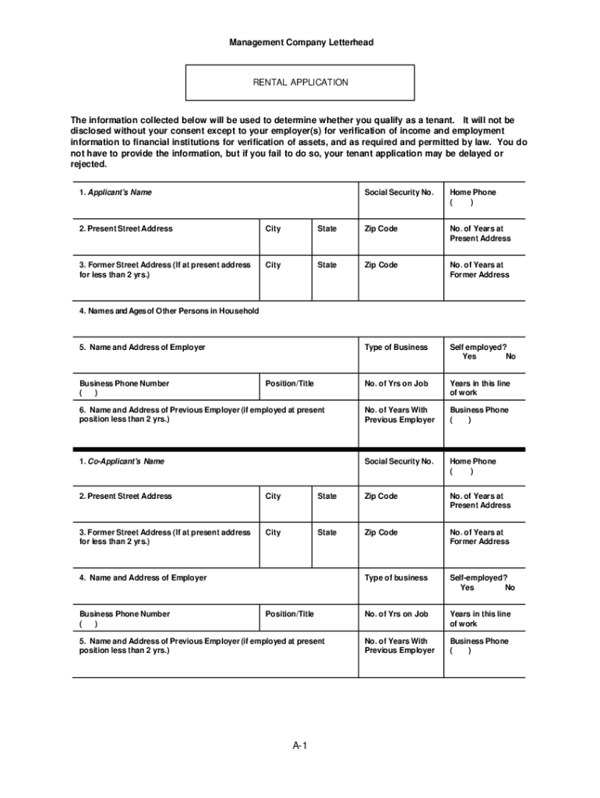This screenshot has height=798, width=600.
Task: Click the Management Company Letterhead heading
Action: pos(301,42)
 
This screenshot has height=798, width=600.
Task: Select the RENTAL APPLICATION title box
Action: pos(300,83)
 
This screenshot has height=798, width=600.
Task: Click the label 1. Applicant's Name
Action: pos(115,192)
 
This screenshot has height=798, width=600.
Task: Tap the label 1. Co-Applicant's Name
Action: pos(122,461)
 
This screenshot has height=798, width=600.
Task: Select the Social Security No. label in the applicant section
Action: pos(398,192)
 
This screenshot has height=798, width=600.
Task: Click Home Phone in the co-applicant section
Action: pos(472,461)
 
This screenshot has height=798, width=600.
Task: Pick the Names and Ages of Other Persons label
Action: pos(168,312)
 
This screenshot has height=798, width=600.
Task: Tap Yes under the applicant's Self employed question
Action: pos(469,357)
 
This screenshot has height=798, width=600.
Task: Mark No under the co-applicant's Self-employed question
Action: pos(510,588)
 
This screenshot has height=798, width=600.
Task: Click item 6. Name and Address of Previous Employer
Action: pos(202,410)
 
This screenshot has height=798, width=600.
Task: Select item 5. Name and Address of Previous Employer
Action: pos(202,641)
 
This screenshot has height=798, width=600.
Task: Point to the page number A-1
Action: pos(301,747)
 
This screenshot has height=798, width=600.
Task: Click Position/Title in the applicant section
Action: pos(289,383)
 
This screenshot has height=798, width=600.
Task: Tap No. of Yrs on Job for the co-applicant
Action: pos(396,614)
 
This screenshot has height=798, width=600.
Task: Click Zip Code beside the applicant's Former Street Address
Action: pos(380,265)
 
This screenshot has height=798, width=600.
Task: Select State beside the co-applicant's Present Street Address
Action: pos(327,496)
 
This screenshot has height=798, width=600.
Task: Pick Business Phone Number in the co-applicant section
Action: pos(124,614)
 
